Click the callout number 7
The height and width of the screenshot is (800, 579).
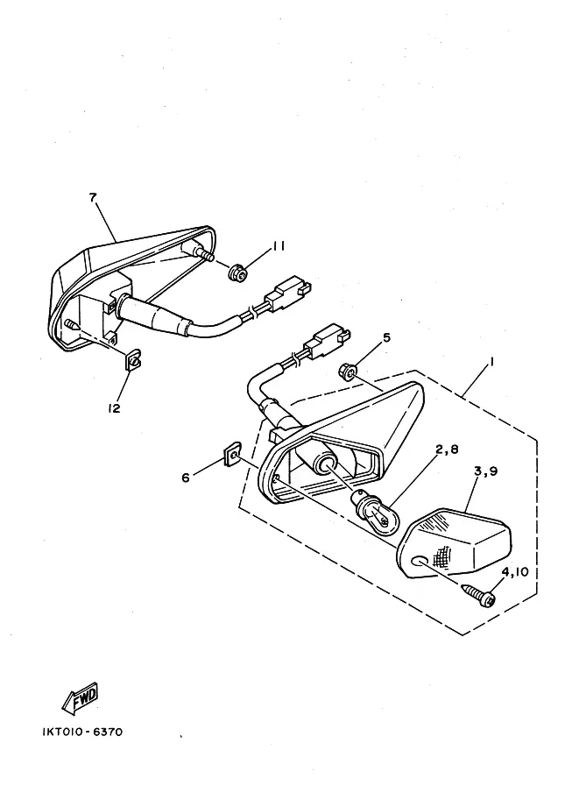click(x=93, y=197)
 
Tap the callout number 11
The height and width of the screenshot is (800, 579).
click(x=278, y=246)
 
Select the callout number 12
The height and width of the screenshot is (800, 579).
click(x=114, y=408)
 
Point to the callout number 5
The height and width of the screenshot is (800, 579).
click(x=386, y=337)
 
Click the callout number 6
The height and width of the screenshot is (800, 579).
click(x=186, y=478)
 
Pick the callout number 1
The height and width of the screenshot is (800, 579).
click(x=491, y=361)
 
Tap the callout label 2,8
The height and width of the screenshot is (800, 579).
click(x=447, y=450)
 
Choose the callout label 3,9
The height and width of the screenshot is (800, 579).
click(x=485, y=471)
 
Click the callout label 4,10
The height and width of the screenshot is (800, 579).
click(x=515, y=572)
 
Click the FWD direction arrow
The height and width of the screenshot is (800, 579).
click(x=80, y=697)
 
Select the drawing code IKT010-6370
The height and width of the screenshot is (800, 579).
click(x=82, y=733)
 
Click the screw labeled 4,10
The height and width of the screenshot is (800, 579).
click(x=479, y=596)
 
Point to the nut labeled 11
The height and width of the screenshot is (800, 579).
click(x=237, y=273)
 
